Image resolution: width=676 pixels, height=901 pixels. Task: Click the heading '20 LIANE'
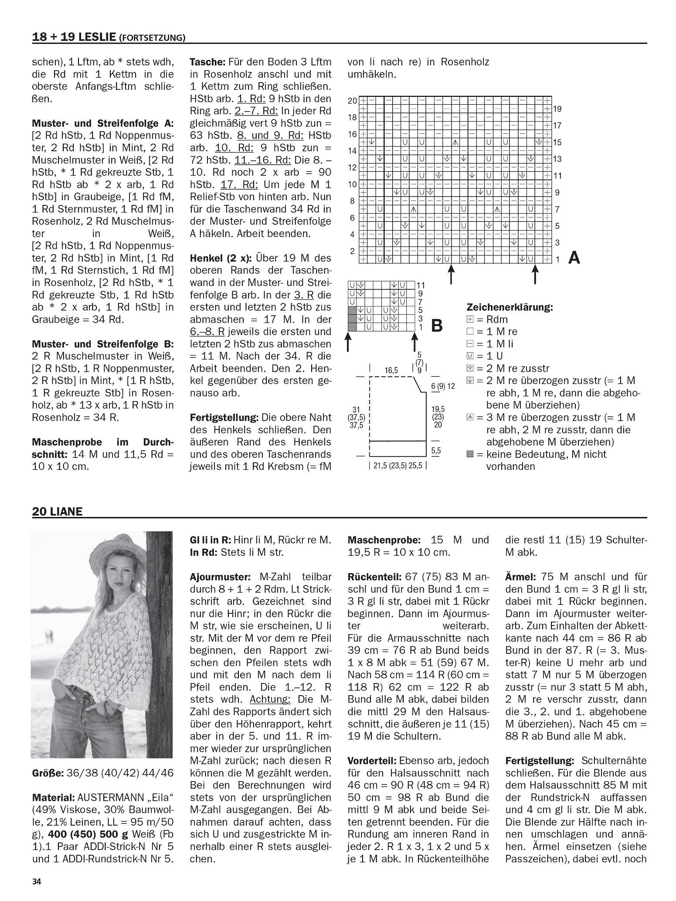coord(57,511)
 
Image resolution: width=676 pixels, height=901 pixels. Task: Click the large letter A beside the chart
coord(574,258)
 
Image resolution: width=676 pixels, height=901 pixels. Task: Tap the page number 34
coord(36,881)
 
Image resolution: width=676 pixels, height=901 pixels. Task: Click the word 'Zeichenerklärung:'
coord(510,307)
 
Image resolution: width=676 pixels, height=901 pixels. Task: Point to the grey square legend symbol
coord(470,454)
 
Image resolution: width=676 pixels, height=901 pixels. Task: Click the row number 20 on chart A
coord(352,101)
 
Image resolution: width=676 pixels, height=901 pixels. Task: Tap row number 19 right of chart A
coord(557,109)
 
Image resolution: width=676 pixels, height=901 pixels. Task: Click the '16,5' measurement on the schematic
coord(391,371)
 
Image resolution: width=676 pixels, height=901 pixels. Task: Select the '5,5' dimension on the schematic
coord(436,451)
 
